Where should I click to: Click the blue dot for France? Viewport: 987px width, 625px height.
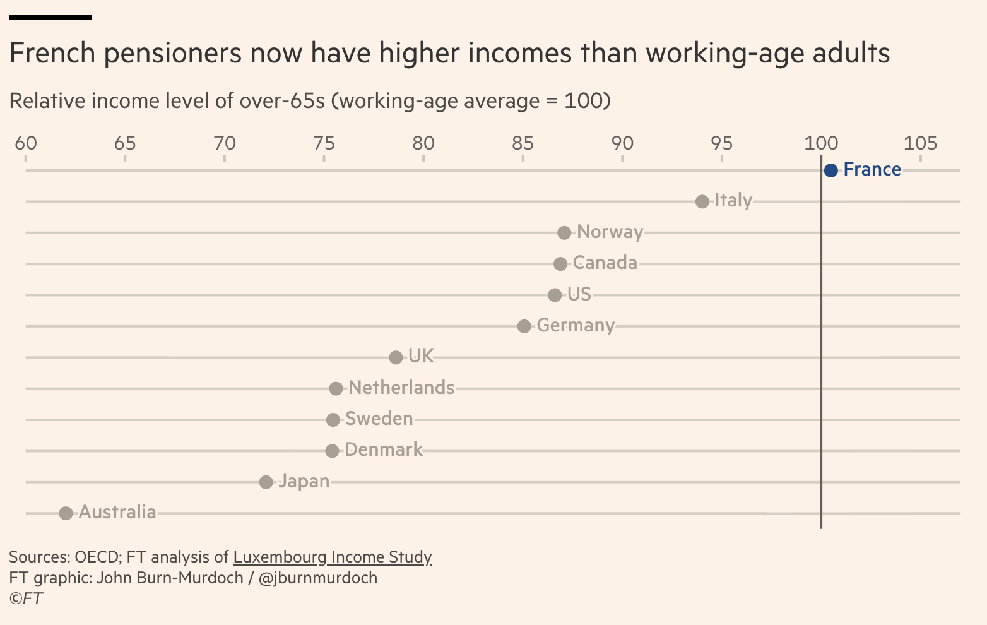click(830, 170)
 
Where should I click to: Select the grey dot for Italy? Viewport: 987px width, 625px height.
click(702, 201)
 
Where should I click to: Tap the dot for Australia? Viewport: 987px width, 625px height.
click(66, 513)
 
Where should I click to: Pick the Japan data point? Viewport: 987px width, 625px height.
click(266, 482)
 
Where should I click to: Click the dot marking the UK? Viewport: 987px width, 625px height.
click(396, 357)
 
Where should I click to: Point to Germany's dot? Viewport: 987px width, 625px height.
click(524, 326)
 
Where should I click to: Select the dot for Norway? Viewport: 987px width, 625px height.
click(564, 232)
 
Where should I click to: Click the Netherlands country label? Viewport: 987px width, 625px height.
click(401, 388)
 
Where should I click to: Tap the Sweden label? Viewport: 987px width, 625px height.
click(379, 419)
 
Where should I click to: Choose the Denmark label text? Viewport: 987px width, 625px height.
click(384, 449)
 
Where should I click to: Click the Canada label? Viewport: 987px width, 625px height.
click(605, 263)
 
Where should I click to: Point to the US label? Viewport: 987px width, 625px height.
click(579, 294)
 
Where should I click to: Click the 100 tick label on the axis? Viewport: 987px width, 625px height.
click(820, 143)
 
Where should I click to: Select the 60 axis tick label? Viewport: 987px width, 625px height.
click(26, 143)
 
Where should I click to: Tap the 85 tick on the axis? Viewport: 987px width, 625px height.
click(523, 143)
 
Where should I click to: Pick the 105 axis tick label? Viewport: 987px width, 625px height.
click(920, 143)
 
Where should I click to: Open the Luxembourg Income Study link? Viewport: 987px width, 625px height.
click(333, 557)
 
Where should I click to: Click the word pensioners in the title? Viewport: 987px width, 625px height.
click(172, 53)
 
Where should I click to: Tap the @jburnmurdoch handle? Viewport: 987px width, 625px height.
click(318, 578)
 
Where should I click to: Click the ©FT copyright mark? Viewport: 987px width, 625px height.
click(26, 598)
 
